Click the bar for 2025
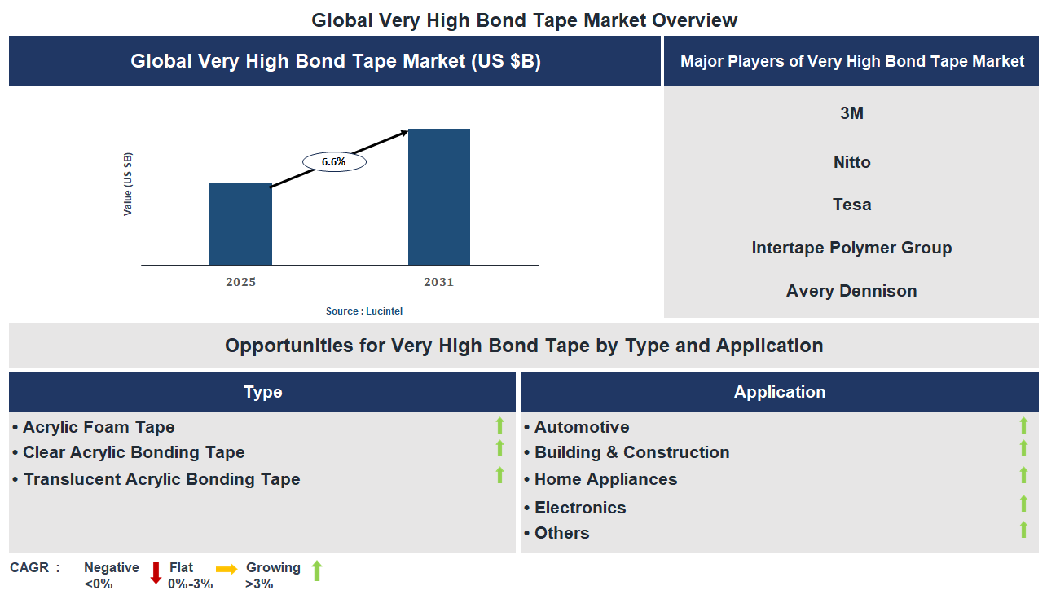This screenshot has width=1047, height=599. click(x=240, y=224)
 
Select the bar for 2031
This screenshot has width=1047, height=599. click(x=439, y=196)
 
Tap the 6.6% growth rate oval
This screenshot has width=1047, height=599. click(x=334, y=162)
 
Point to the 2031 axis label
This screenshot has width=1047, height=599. click(x=439, y=282)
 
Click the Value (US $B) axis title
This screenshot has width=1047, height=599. click(x=128, y=184)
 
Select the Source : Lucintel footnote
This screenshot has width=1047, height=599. click(x=364, y=311)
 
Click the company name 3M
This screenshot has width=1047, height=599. click(x=851, y=113)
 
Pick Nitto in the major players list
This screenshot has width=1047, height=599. click(x=851, y=162)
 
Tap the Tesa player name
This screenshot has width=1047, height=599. click(x=851, y=205)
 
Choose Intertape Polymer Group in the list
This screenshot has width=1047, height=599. click(x=851, y=248)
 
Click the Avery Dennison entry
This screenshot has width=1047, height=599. click(x=851, y=291)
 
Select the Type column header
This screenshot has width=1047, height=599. click(x=262, y=392)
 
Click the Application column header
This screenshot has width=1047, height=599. click(x=780, y=392)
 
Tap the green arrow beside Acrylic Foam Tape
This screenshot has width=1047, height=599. click(x=500, y=425)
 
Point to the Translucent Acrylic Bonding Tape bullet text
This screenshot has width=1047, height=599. click(x=161, y=479)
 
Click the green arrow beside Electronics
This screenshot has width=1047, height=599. click(x=1024, y=504)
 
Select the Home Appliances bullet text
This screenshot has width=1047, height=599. click(x=605, y=479)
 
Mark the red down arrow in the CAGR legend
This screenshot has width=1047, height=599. click(x=156, y=574)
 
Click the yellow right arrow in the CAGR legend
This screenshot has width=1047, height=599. click(x=227, y=570)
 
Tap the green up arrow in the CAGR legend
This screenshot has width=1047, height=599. click(x=317, y=570)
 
